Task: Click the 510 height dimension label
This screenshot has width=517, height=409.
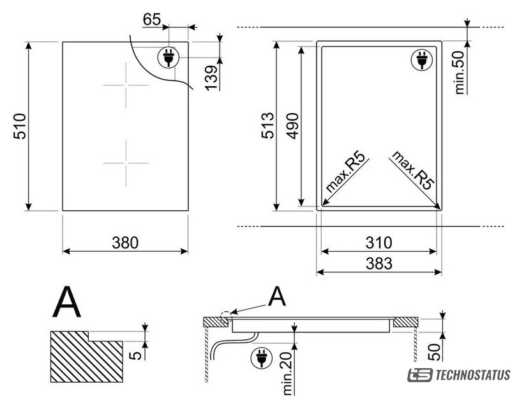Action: (x=20, y=126)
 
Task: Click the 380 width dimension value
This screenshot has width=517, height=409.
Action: (x=125, y=243)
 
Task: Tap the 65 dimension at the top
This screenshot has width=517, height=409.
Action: (x=152, y=19)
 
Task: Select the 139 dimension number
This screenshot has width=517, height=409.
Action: (x=211, y=78)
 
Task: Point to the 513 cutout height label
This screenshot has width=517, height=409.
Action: (x=267, y=125)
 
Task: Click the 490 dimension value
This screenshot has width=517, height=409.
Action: (x=292, y=126)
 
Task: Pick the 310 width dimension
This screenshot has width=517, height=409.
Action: (x=379, y=243)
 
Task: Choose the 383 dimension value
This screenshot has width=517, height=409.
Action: (x=379, y=263)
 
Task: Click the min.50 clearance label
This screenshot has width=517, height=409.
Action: (x=460, y=73)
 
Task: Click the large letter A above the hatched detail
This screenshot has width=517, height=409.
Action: (x=66, y=302)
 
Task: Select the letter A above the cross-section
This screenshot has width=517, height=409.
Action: (x=277, y=296)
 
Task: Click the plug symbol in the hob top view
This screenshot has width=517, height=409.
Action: (x=169, y=58)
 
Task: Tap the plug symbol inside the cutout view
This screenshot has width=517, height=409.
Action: (x=422, y=59)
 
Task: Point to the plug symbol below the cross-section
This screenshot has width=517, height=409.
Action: (x=262, y=358)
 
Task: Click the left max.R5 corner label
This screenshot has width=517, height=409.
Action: (x=345, y=172)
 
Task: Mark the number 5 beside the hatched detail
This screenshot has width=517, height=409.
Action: (x=135, y=355)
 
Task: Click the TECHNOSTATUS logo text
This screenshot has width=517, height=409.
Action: (x=473, y=375)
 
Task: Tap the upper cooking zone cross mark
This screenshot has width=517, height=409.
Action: (x=126, y=85)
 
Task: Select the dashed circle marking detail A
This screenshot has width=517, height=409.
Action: (x=225, y=316)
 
